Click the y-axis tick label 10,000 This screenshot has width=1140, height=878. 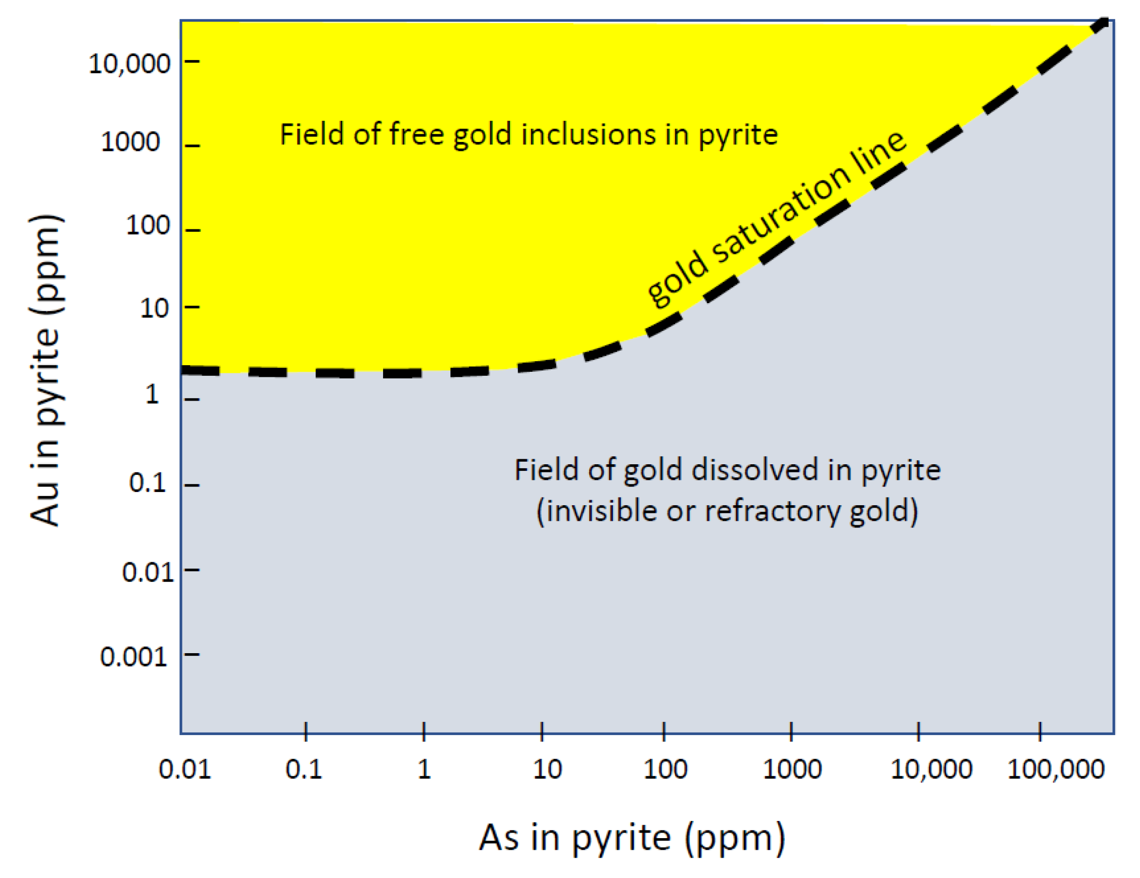[x=129, y=64]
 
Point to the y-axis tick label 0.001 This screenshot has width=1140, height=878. [x=133, y=657]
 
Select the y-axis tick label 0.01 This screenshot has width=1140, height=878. [x=148, y=572]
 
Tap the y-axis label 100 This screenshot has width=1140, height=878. [x=148, y=225]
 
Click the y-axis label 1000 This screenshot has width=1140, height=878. [x=130, y=141]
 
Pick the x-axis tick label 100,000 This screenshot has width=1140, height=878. [x=1056, y=769]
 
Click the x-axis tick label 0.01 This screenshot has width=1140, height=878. [x=185, y=769]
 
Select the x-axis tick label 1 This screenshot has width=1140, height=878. [x=424, y=769]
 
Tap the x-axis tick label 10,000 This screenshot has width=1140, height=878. [x=931, y=769]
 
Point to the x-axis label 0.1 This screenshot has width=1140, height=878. [x=304, y=769]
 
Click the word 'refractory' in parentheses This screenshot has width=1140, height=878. [x=773, y=511]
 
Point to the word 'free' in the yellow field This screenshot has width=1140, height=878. [x=416, y=134]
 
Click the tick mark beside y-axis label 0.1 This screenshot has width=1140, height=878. [x=192, y=485]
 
